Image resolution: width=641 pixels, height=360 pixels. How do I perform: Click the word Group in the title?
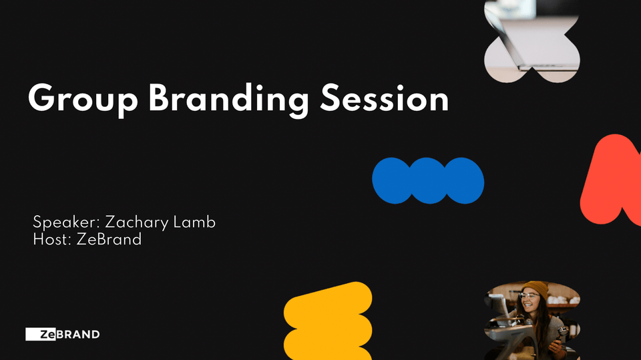(x=83, y=100)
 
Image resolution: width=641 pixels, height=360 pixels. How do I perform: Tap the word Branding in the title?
(x=228, y=100)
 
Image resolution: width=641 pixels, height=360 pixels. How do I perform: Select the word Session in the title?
(x=385, y=99)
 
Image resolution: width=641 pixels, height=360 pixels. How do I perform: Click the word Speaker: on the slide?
(x=67, y=222)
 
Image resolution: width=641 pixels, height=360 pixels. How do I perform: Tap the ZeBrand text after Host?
(x=109, y=239)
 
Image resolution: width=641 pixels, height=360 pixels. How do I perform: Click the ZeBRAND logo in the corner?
(x=63, y=334)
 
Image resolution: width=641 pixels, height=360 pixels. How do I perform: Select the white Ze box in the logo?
(x=41, y=334)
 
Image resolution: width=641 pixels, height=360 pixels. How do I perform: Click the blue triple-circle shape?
(x=428, y=180)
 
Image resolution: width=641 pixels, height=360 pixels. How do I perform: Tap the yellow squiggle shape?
(x=328, y=321)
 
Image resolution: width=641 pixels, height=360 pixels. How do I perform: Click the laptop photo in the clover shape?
(x=531, y=41)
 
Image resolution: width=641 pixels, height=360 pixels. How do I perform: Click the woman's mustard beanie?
(x=536, y=288)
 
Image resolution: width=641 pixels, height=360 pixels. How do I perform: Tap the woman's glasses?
(x=529, y=295)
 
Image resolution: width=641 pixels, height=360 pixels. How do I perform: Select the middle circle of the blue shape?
(x=428, y=180)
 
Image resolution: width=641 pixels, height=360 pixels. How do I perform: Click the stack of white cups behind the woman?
(x=563, y=300)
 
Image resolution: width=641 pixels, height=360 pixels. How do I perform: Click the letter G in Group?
(x=41, y=98)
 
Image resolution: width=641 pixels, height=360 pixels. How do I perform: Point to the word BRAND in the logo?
(x=77, y=334)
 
